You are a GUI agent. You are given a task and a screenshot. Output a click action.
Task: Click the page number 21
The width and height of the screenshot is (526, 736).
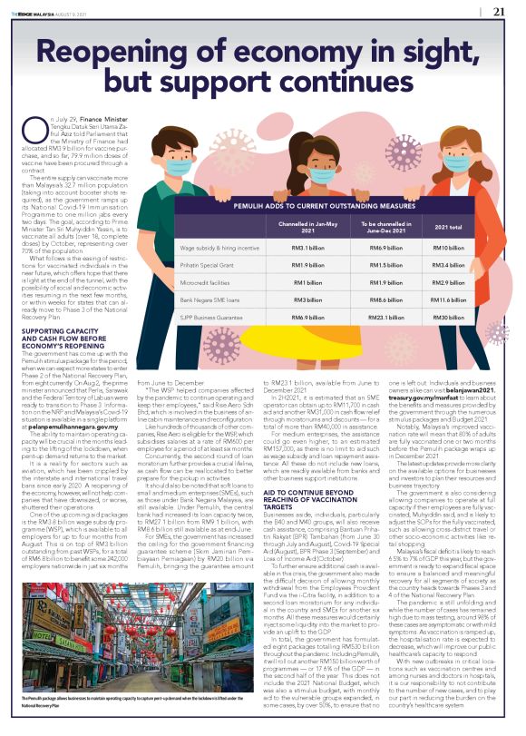coord(499,12)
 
